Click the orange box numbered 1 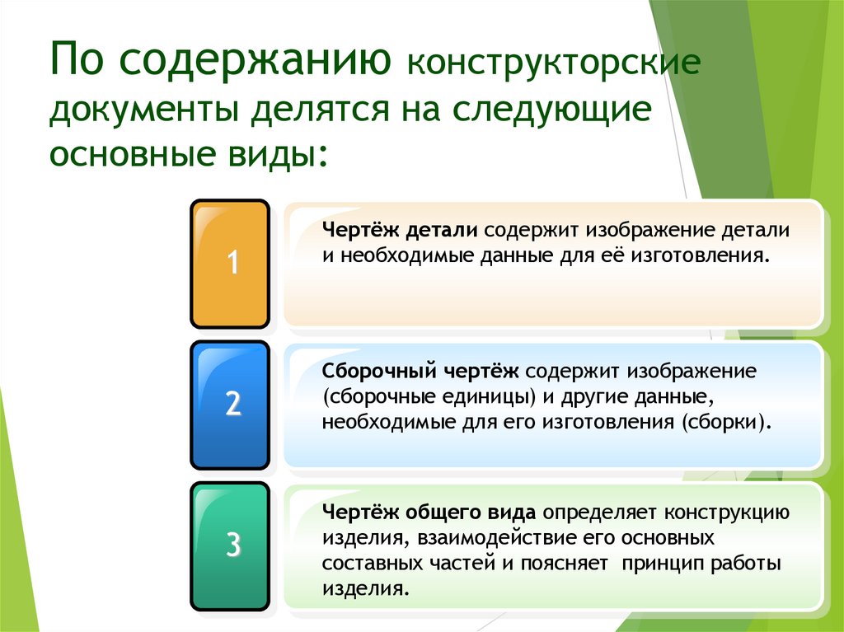pos(231,264)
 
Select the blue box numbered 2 pos(231,405)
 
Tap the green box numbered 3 pos(231,545)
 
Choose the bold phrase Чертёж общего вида pos(429,512)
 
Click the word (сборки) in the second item pos(727,422)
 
